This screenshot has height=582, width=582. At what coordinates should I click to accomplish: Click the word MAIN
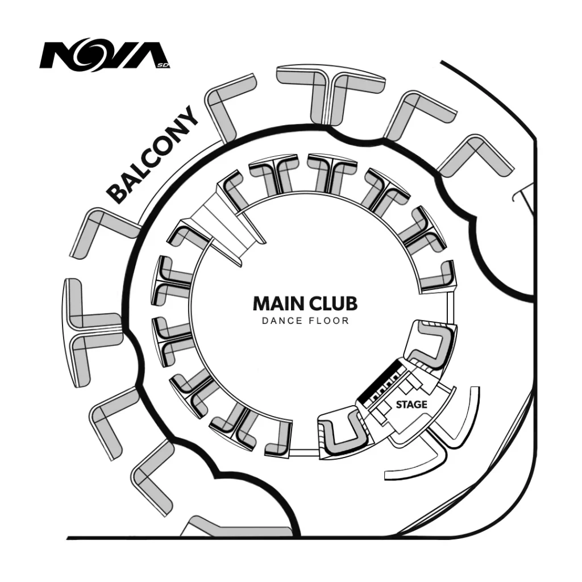coord(277,304)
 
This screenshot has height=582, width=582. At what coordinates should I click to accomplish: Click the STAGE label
coord(411,405)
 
